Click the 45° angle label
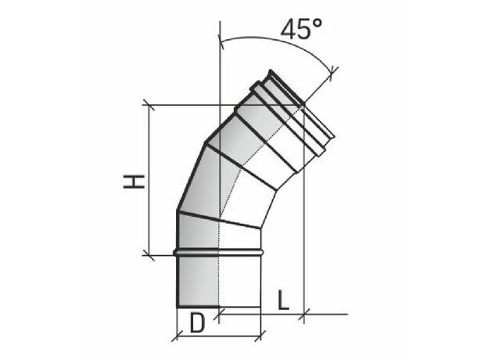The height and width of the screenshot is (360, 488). pyautogui.click(x=301, y=29)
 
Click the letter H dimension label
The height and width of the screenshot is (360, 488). pyautogui.click(x=135, y=182)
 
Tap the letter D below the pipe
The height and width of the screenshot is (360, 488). pyautogui.click(x=197, y=323)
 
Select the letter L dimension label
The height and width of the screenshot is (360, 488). pyautogui.click(x=282, y=301)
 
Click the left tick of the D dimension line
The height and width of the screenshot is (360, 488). pyautogui.click(x=177, y=336)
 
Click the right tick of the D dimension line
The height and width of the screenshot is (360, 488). pyautogui.click(x=260, y=336)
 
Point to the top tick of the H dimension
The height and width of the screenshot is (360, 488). pyautogui.click(x=149, y=105)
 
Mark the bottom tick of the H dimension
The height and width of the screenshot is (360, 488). pyautogui.click(x=149, y=255)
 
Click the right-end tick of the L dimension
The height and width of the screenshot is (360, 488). pyautogui.click(x=304, y=315)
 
